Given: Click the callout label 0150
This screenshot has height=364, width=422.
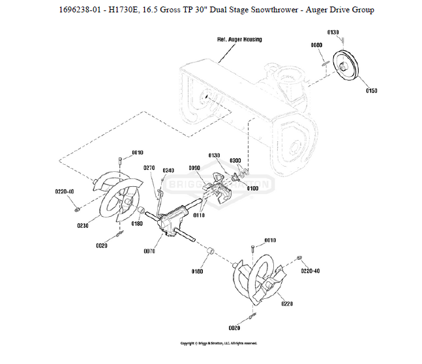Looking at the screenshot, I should [371, 91].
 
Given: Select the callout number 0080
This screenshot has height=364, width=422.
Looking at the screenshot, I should [316, 45].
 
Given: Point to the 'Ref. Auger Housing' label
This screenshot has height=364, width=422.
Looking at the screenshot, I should [239, 39].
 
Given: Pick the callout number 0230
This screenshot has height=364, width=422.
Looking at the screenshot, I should [83, 225].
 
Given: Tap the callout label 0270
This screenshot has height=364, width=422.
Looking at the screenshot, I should [148, 167].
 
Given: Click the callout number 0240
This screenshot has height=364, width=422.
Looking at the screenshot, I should [168, 171].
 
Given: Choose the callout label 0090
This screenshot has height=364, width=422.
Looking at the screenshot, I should [194, 168].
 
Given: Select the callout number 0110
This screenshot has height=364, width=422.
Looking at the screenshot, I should [200, 215].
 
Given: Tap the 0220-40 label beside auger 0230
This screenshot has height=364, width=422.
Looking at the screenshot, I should [64, 192].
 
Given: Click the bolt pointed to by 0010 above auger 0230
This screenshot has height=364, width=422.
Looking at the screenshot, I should [121, 161].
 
